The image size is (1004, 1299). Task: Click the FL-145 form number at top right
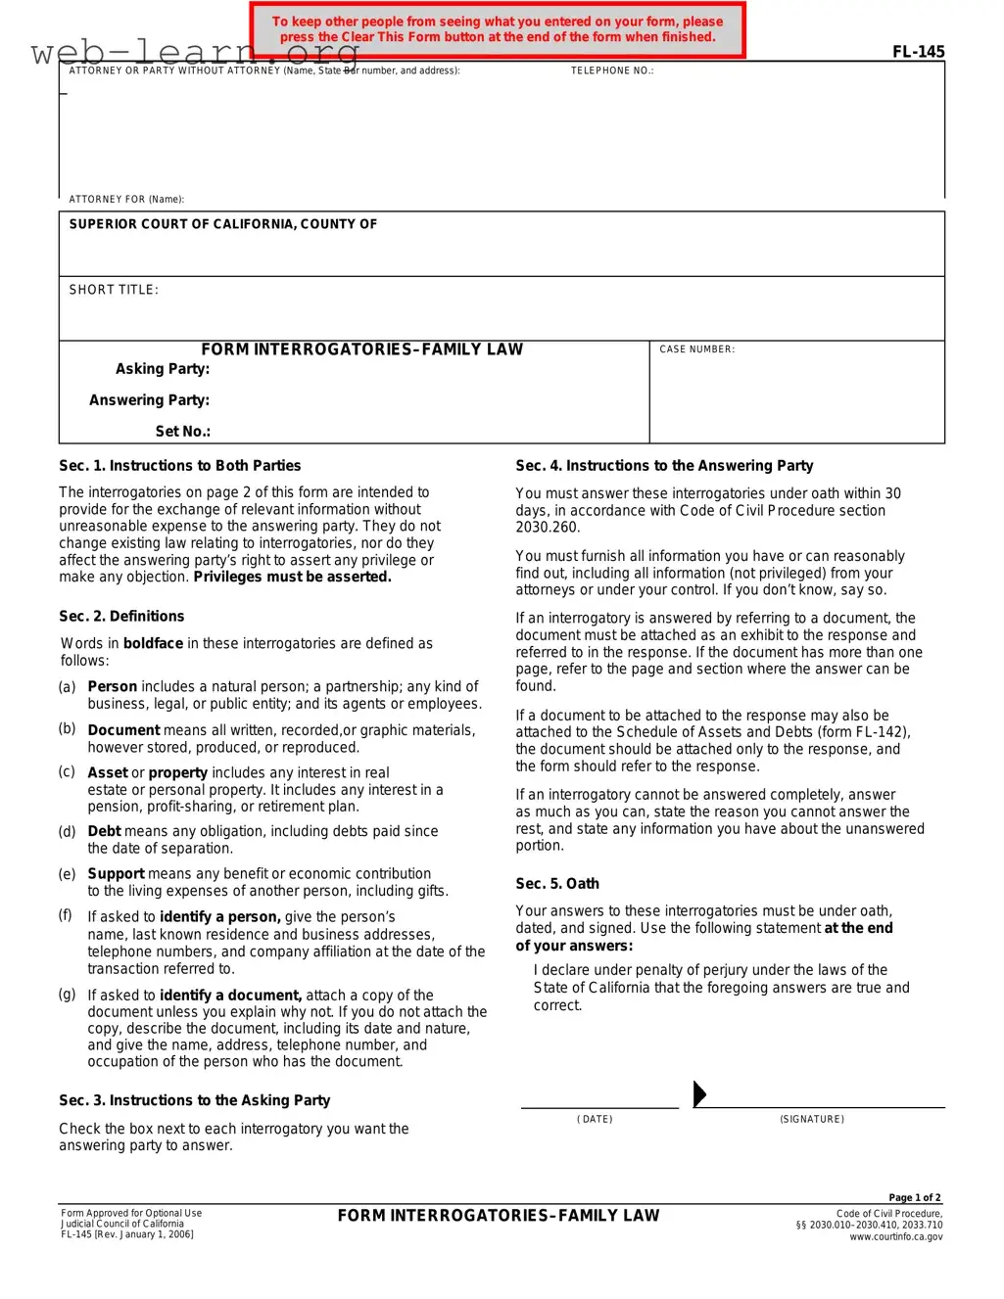coord(918,52)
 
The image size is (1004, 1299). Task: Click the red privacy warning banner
coord(498,29)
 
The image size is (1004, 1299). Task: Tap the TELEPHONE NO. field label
coord(612,70)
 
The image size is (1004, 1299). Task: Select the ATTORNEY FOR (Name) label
coord(126,199)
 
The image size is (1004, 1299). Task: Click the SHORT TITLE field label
coord(114,290)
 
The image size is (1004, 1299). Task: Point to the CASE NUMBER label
coord(696,349)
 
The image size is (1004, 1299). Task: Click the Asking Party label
coord(163,369)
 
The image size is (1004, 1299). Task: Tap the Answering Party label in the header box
coord(149,400)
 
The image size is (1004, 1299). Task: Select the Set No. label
coord(182,432)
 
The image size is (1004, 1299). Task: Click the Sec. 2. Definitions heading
coord(121,617)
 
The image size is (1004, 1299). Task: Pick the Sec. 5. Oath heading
coord(557,884)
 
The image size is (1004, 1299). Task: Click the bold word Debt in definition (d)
coord(104,831)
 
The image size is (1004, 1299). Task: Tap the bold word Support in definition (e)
coord(116,874)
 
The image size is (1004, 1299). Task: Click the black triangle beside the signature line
coord(699,1093)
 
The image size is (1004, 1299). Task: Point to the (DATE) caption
coord(595,1119)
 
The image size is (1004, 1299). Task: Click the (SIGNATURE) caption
coord(812,1119)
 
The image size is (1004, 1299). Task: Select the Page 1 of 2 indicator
coord(915,1197)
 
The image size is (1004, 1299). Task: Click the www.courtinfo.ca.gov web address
coord(895,1237)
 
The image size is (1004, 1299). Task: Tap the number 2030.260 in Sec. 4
coord(548,528)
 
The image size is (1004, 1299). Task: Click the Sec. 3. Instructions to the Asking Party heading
coord(194,1101)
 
